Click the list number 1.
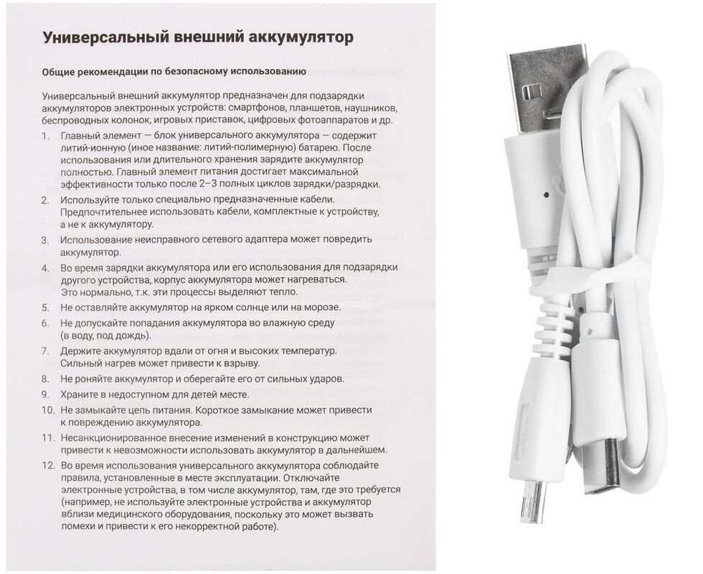(45, 137)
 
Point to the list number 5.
(45, 308)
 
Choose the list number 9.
(45, 395)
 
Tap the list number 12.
(47, 466)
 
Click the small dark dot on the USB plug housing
(547, 194)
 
